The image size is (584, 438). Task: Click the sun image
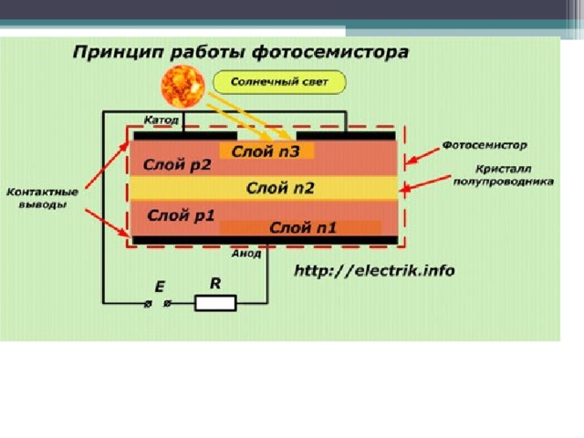pos(182,87)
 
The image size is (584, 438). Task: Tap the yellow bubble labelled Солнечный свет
pos(279,82)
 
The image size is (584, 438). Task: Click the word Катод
pos(162,120)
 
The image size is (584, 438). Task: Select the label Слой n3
pos(266,151)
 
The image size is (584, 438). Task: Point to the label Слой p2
pos(177,164)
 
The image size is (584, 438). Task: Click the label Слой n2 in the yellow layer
pos(280,188)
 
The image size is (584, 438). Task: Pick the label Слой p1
pos(181,215)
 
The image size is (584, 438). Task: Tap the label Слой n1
pos(303,227)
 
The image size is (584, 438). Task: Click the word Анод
pos(246,254)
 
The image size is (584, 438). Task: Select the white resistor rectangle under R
pos(215,303)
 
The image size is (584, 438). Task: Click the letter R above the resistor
pos(215,284)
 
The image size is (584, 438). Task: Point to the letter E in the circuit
pos(160,287)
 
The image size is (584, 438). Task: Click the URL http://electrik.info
pos(374,270)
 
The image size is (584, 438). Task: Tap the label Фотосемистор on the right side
pos(485,145)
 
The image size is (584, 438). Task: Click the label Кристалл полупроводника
pos(503,175)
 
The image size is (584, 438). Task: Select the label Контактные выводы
pos(43,198)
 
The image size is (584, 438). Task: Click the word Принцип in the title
pos(119,53)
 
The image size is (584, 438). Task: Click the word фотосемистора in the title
pos(330,52)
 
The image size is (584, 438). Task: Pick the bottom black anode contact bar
pos(266,240)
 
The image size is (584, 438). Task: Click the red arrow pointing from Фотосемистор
pos(423,156)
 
